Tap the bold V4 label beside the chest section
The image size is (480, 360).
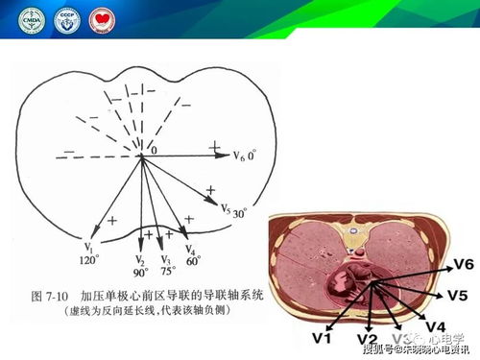(x=436, y=325)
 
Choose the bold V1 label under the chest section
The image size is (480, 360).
(x=323, y=338)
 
